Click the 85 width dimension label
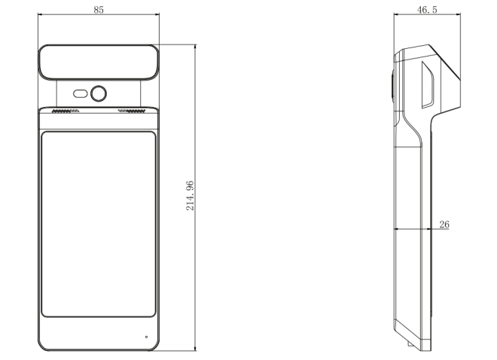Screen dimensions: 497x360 point(99,10)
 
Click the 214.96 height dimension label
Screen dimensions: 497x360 point(190,196)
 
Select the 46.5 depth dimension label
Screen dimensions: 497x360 point(427,10)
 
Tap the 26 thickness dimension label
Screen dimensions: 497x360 point(444,224)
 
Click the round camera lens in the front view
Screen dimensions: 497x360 point(99,93)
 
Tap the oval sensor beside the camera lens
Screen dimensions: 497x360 point(81,94)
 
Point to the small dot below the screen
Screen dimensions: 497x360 point(146,337)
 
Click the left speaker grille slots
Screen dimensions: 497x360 point(66,111)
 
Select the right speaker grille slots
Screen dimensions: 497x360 point(132,111)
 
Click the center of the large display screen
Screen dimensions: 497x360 point(99,224)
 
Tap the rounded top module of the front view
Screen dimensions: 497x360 point(99,62)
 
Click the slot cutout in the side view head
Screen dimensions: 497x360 point(428,85)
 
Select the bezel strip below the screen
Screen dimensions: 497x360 point(99,334)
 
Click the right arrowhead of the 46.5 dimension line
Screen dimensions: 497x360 point(458,14)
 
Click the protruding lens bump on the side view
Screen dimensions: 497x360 point(392,86)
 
